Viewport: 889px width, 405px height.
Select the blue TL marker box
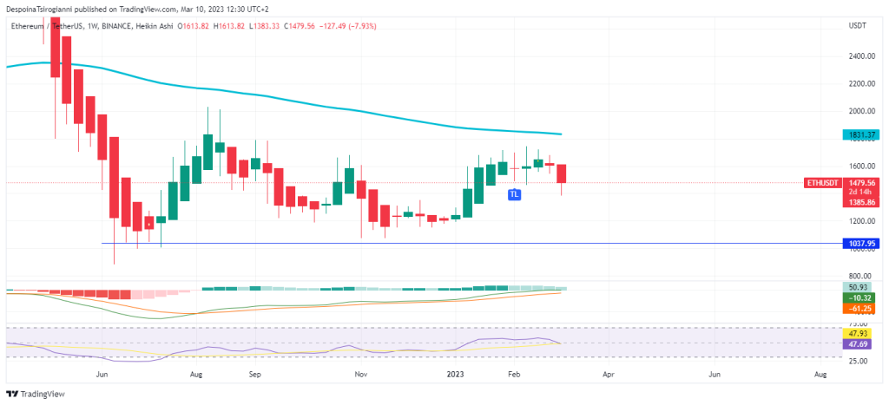[514, 195]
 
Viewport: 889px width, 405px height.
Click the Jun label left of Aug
[102, 375]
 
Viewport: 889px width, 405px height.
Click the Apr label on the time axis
[608, 375]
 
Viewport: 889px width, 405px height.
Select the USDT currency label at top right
[857, 27]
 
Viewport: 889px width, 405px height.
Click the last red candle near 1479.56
[562, 173]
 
